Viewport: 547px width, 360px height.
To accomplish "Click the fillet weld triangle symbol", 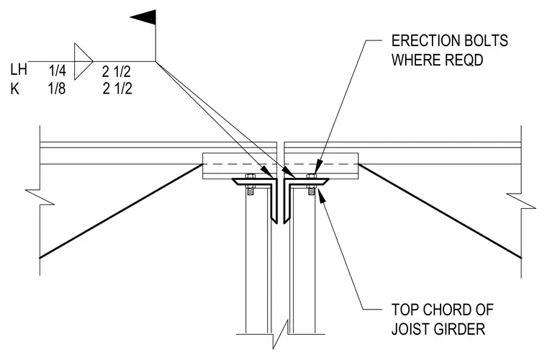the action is pos(83,61).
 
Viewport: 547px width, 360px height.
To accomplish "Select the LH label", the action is pos(19,70).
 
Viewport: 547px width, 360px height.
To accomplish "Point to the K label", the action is pos(14,89).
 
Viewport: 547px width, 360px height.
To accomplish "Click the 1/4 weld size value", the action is pos(57,71).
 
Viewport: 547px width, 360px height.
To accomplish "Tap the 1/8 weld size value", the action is pos(57,89).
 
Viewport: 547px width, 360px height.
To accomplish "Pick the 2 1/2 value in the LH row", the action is pos(116,71).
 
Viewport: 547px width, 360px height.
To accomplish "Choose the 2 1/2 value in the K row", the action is pos(117,89).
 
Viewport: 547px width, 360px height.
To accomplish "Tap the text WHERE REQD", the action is pos(437,60).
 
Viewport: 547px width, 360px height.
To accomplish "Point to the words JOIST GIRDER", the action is pos(438,329).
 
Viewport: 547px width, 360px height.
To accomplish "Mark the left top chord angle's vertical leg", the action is pos(274,202).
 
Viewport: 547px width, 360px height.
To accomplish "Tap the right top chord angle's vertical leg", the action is pos(286,202).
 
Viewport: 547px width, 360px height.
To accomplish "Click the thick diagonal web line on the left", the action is pos(121,211).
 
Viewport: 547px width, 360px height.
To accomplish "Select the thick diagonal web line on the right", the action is pos(440,211).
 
